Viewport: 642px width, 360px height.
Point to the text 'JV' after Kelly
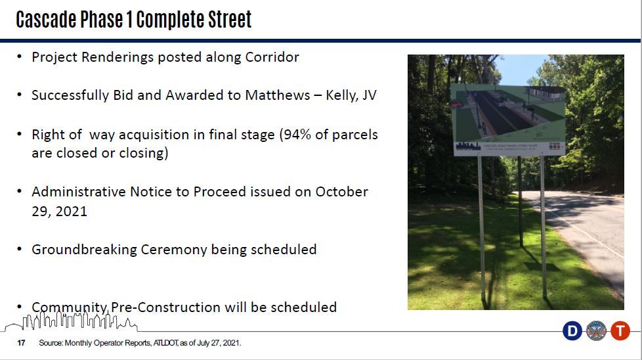(x=369, y=95)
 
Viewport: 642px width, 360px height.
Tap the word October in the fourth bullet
(x=341, y=192)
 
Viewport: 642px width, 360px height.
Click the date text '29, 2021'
(x=59, y=212)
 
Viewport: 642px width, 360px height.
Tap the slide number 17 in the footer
(x=21, y=343)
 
